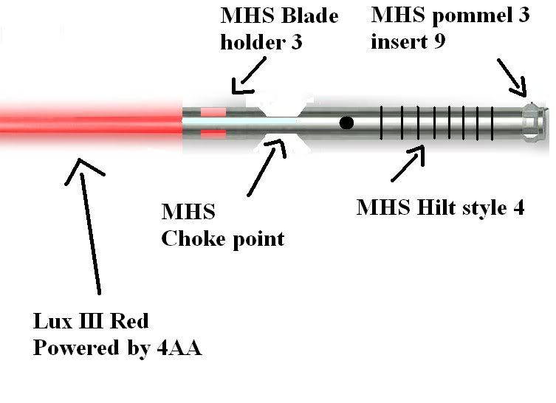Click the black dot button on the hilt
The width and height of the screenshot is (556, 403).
point(346,122)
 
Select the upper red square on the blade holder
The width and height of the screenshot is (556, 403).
point(213,111)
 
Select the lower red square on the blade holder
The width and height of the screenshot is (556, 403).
point(213,133)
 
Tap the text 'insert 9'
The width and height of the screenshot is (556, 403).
point(408,41)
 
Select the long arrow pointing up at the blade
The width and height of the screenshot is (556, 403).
point(89,221)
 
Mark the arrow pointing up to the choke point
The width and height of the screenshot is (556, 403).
point(266,166)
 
